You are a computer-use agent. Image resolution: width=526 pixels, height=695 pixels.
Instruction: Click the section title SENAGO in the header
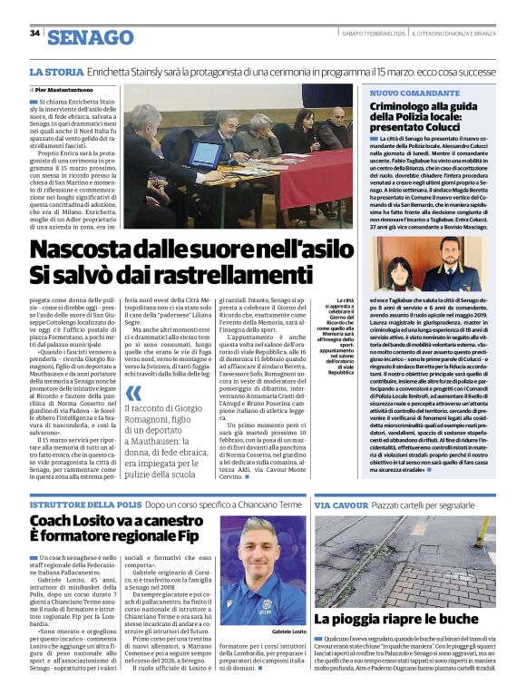[x=90, y=37]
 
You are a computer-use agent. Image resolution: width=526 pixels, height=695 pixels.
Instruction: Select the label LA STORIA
[x=53, y=72]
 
